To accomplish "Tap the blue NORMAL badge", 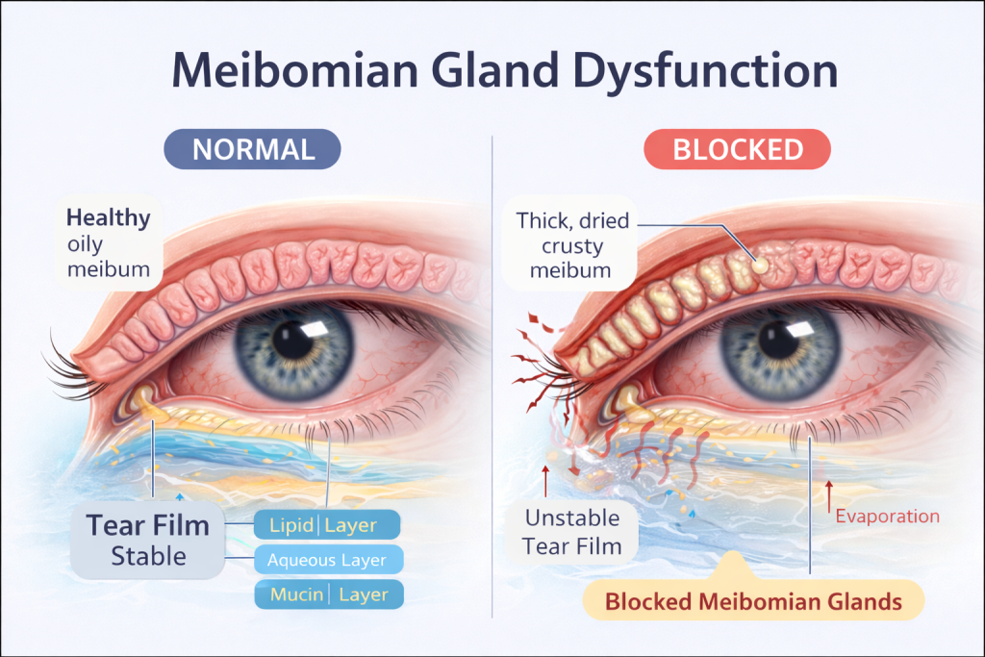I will (x=253, y=149).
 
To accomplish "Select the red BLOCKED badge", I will (x=738, y=149).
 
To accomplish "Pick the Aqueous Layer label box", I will (x=326, y=560).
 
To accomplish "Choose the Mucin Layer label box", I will (x=326, y=594).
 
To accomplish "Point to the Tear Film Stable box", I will (x=148, y=540).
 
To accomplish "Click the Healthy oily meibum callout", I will (x=108, y=242).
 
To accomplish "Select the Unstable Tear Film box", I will (x=572, y=532).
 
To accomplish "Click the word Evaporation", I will (x=887, y=516).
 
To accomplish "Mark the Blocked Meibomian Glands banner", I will (x=753, y=601).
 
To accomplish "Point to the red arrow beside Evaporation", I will (x=826, y=496).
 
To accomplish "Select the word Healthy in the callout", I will (x=109, y=217).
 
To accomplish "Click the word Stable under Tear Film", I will (x=148, y=555).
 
